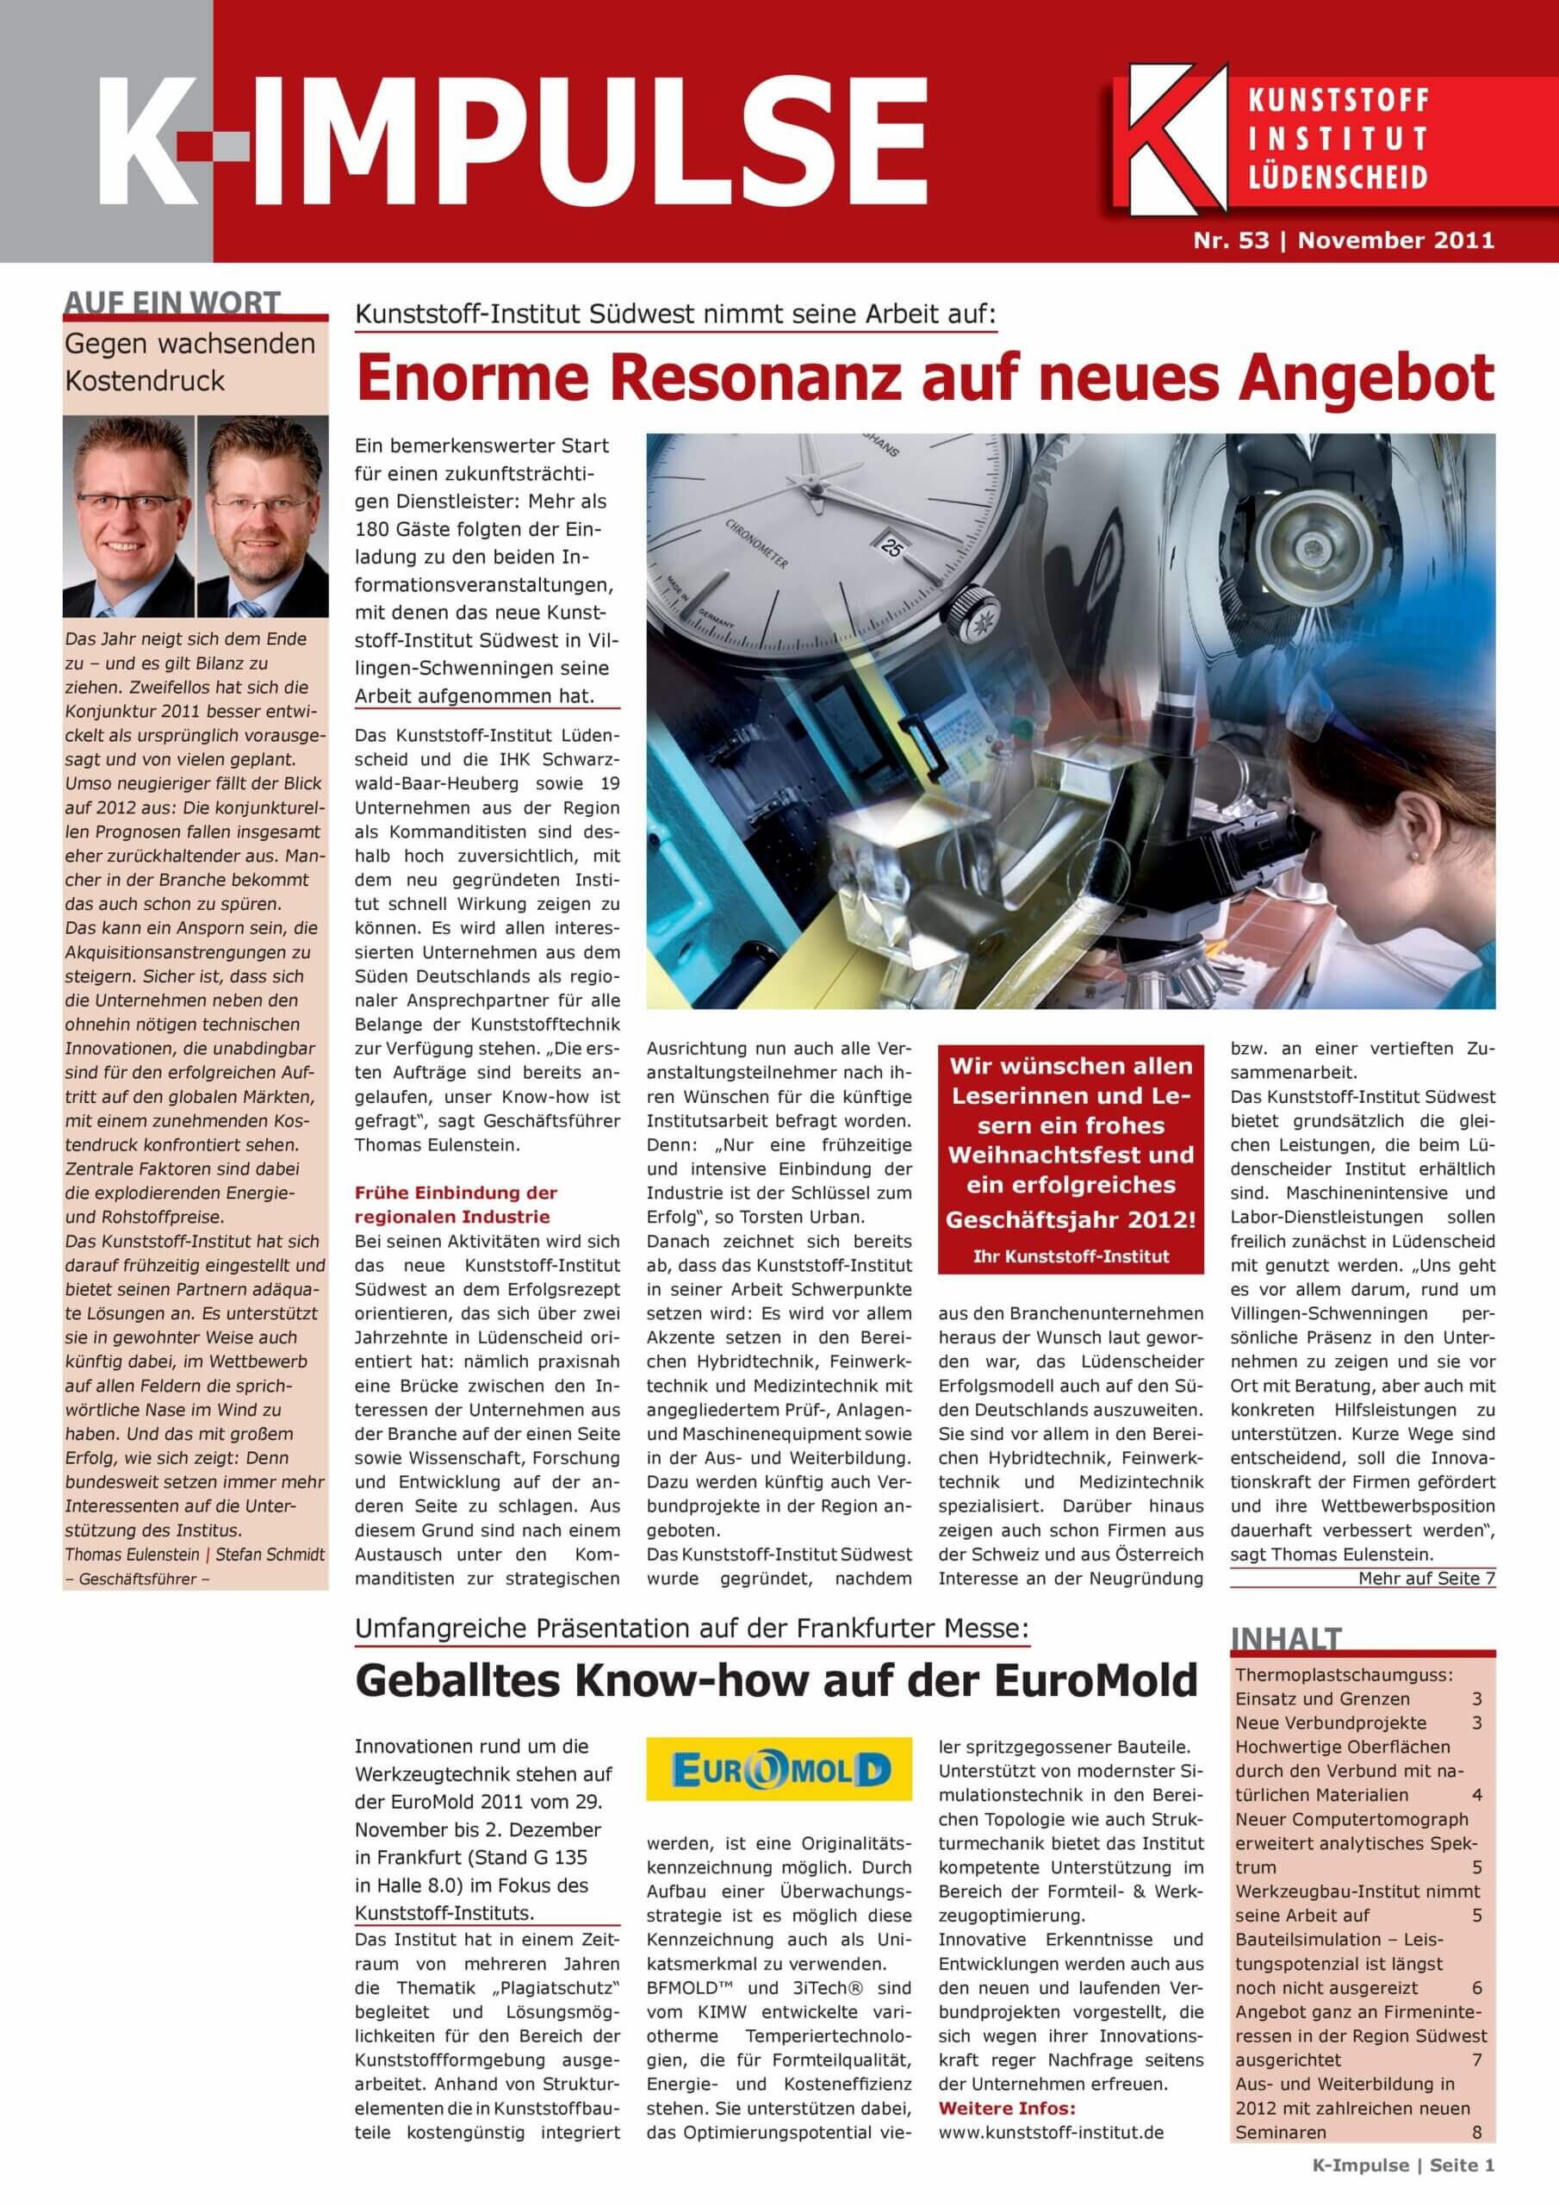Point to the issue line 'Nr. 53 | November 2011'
tap(1343, 240)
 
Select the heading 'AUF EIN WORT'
tap(172, 303)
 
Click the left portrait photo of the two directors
tap(127, 516)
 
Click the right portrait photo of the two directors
tap(262, 516)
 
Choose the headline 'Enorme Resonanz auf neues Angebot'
tap(924, 378)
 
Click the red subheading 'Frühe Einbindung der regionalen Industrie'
tap(456, 1204)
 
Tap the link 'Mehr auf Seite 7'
tap(1425, 1578)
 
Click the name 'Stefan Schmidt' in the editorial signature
tap(270, 1554)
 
